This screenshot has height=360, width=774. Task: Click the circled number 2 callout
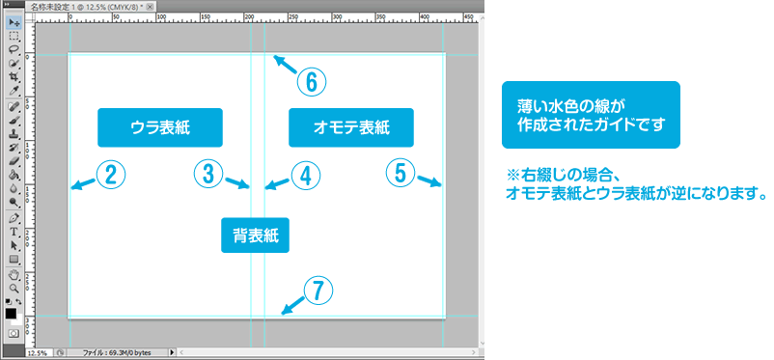point(111,175)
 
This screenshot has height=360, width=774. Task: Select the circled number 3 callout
point(208,174)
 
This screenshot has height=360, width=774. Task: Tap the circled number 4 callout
point(306,175)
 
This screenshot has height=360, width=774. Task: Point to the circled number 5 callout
point(401,173)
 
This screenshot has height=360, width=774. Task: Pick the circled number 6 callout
point(312,81)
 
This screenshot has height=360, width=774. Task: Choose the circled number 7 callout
point(318,290)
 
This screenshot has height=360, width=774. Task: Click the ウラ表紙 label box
point(160,127)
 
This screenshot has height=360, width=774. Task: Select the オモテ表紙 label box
point(351,127)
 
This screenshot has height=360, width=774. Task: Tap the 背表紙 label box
point(255,235)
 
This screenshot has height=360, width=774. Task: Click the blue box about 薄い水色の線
point(591,115)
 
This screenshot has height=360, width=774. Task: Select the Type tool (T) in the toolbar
point(14,232)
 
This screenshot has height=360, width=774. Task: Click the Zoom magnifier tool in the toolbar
point(14,288)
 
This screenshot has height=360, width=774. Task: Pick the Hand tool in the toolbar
point(14,276)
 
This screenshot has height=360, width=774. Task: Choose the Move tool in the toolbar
point(14,23)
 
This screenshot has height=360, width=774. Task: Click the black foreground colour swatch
point(11,314)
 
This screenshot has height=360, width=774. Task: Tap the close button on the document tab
point(150,7)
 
